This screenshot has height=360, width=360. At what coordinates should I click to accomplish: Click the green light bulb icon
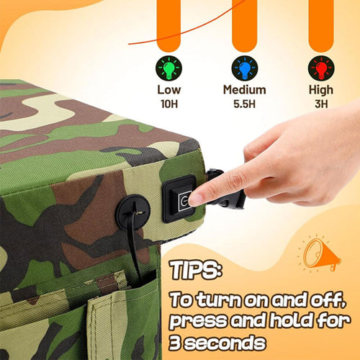(168, 68)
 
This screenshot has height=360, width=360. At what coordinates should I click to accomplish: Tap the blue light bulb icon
(245, 68)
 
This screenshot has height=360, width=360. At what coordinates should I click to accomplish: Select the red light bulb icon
(321, 68)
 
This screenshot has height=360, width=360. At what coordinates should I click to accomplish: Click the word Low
(169, 90)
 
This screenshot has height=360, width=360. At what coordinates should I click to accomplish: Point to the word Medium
(245, 90)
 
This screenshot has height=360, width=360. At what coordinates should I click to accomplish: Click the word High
(321, 90)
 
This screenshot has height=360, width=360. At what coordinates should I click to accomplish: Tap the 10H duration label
(169, 104)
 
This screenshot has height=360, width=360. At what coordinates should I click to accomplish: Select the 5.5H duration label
(245, 104)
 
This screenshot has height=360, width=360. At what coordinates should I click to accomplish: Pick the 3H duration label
(321, 104)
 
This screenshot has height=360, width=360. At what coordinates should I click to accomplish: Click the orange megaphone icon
(320, 254)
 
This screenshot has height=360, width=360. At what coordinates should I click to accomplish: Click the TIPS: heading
(196, 270)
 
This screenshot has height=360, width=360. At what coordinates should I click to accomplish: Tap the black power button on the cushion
(179, 199)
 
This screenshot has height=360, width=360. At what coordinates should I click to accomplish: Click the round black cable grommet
(133, 212)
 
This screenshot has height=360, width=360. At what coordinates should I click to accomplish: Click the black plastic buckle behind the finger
(225, 189)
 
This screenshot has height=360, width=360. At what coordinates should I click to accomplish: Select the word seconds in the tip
(225, 343)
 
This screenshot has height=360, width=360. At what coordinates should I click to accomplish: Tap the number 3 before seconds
(175, 343)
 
